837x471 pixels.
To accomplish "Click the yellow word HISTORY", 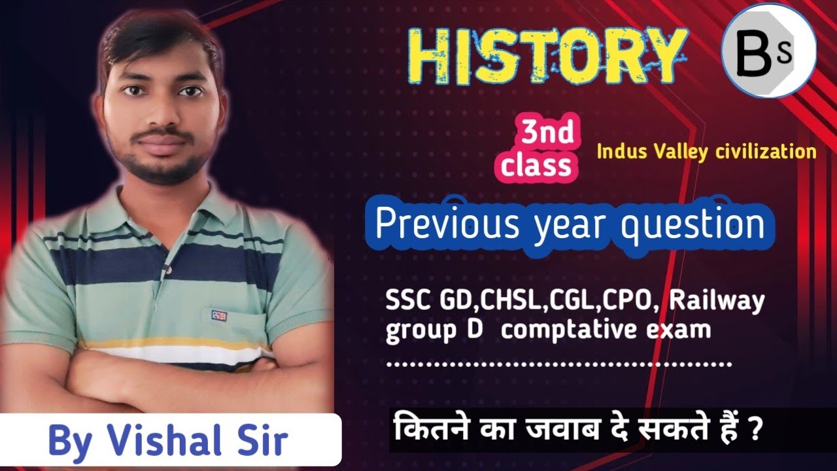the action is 548,57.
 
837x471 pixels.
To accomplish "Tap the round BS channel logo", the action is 768,51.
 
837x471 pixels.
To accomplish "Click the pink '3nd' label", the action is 548,132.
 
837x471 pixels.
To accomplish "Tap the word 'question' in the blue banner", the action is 692,226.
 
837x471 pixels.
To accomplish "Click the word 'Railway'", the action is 716,302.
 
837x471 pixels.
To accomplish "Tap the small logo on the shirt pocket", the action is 219,316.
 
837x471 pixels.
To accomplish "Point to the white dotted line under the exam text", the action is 558,364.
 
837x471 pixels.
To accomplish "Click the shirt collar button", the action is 169,270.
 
